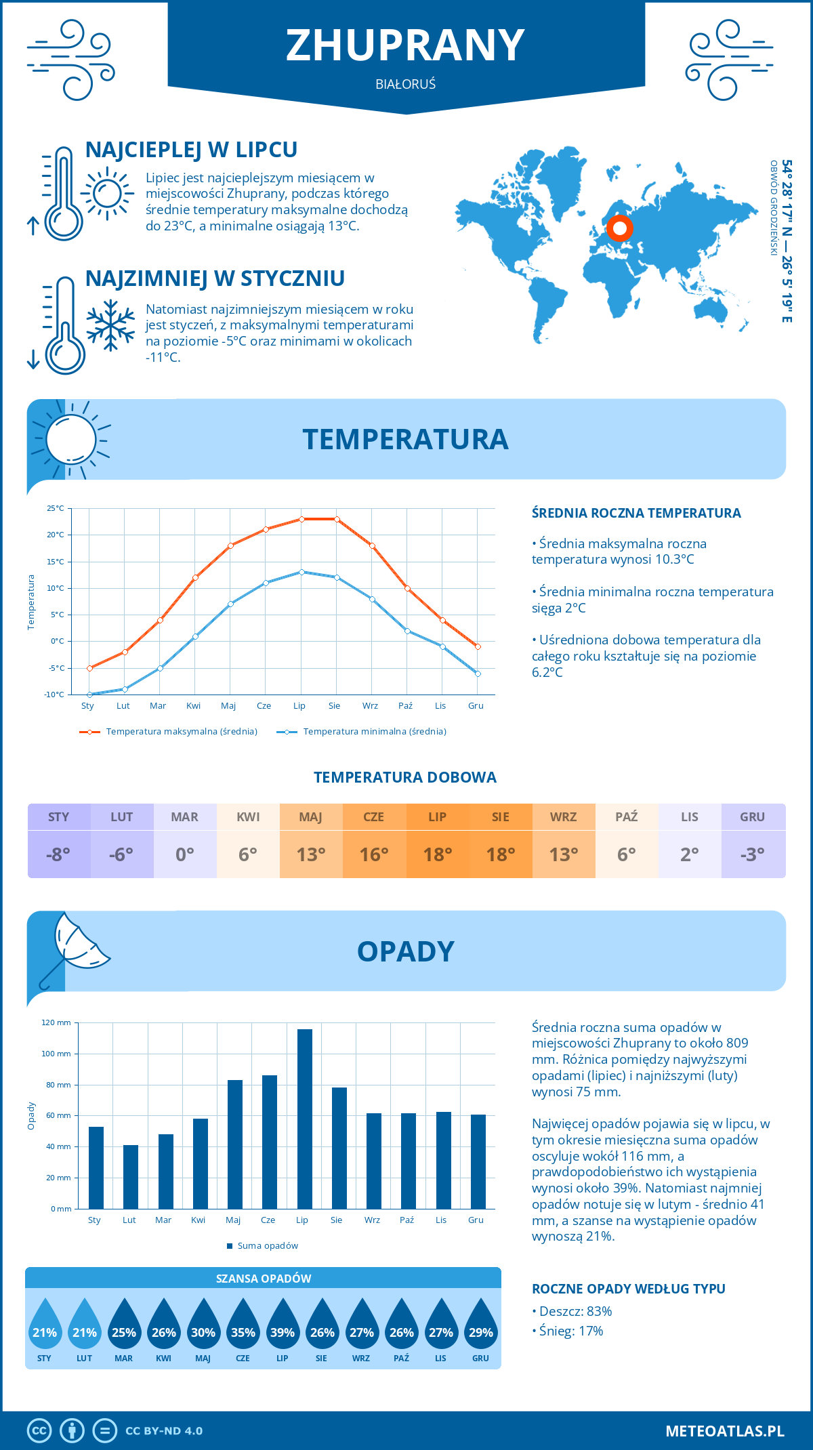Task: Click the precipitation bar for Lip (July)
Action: pyautogui.click(x=304, y=1119)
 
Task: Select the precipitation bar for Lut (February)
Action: pyautogui.click(x=131, y=1176)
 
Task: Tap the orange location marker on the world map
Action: pyautogui.click(x=619, y=228)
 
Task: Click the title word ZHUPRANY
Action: pyautogui.click(x=405, y=45)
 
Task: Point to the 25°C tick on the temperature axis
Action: pyautogui.click(x=56, y=508)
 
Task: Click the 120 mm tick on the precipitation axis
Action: pyautogui.click(x=56, y=1022)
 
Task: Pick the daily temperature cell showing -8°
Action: pyautogui.click(x=58, y=854)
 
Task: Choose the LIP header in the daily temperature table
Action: pyautogui.click(x=437, y=817)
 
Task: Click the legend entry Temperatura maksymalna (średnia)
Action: pyautogui.click(x=182, y=732)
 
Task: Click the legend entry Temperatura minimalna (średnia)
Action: pyautogui.click(x=374, y=732)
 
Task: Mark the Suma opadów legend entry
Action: pyautogui.click(x=267, y=1246)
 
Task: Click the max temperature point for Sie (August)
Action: pyautogui.click(x=337, y=519)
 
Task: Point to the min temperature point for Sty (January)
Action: pyautogui.click(x=89, y=695)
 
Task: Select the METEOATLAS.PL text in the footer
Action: pyautogui.click(x=724, y=1431)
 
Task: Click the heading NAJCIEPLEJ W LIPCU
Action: pyautogui.click(x=191, y=150)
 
